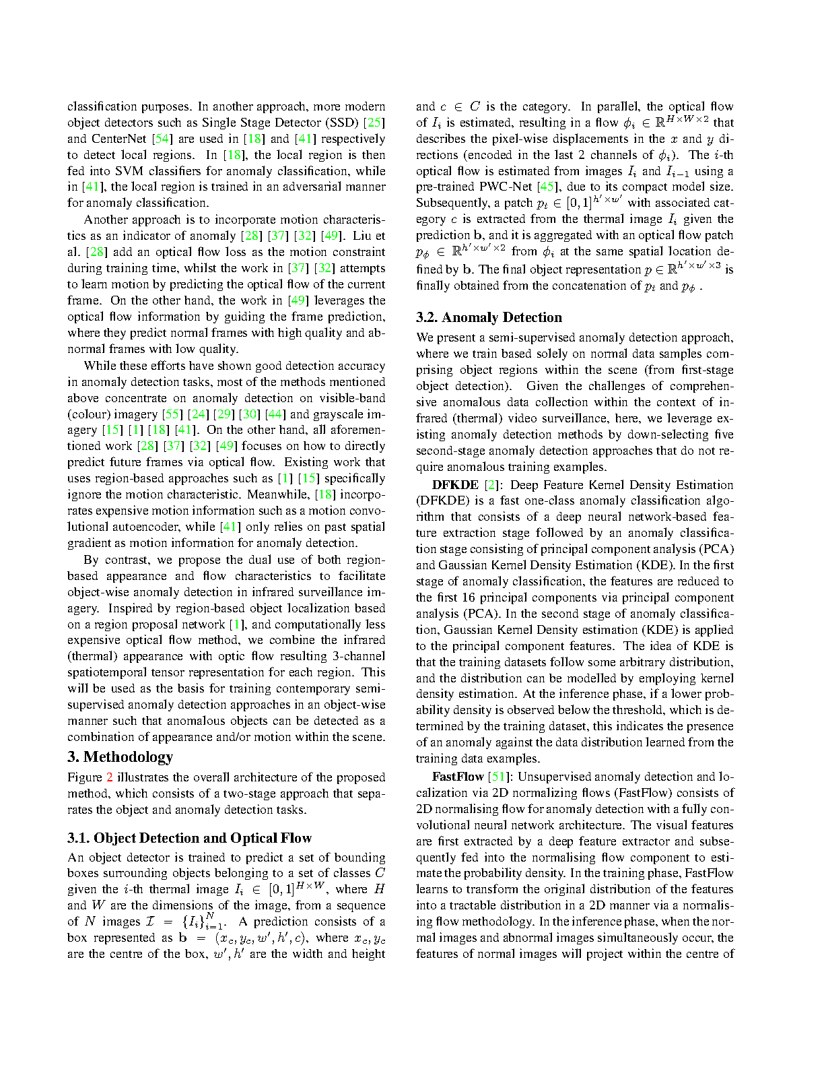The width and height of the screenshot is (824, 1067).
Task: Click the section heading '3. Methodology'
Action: (x=120, y=757)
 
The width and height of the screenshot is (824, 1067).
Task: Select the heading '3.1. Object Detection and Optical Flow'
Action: (x=189, y=838)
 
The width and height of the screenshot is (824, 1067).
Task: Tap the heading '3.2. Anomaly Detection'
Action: (x=489, y=317)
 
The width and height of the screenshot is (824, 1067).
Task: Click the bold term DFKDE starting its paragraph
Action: (x=455, y=484)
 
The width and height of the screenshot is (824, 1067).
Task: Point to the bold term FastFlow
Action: (x=458, y=777)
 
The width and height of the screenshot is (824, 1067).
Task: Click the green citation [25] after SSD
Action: (x=374, y=123)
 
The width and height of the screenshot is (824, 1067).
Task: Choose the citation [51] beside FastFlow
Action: (x=499, y=777)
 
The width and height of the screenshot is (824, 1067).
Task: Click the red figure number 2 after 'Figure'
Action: (x=110, y=777)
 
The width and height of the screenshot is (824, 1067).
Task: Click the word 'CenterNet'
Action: (x=120, y=139)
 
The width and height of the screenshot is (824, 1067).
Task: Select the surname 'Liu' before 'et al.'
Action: (x=361, y=236)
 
